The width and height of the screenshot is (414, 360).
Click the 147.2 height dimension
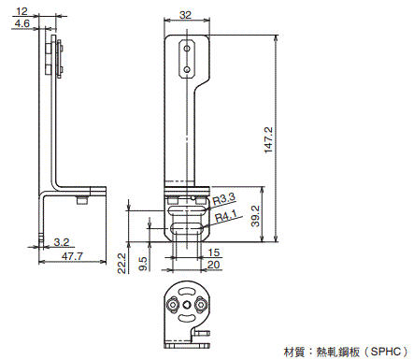268,140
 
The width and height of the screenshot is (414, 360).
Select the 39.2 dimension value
255,216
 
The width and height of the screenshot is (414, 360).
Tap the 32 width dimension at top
185,15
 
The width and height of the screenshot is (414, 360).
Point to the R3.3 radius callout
224,199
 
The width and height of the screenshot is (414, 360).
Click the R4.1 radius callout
226,215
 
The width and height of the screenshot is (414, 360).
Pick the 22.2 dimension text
121,264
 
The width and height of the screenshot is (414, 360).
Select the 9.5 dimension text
143,264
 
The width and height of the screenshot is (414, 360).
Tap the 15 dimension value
214,252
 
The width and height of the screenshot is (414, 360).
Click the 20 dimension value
214,265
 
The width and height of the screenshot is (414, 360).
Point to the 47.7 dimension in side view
72,256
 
